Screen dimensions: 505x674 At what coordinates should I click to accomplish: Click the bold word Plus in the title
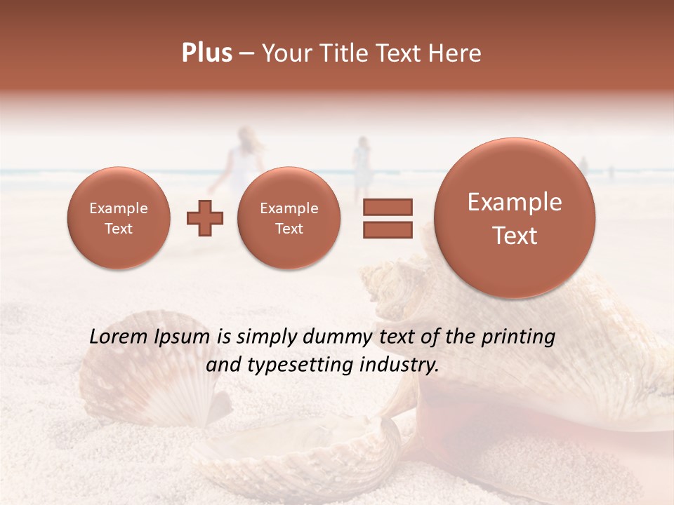(x=206, y=53)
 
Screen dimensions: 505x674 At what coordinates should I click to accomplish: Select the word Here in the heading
(x=456, y=53)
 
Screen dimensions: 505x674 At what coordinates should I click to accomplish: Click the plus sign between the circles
(x=204, y=218)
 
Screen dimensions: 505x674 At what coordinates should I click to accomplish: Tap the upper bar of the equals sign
(x=387, y=207)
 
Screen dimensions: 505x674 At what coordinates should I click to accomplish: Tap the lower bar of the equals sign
(x=387, y=229)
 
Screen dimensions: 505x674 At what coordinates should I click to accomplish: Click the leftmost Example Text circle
(x=118, y=218)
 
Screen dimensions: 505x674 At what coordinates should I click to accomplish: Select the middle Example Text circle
(x=289, y=218)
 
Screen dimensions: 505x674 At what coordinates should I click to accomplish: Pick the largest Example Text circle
(x=515, y=218)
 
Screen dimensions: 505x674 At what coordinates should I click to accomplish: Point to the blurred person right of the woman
(x=362, y=165)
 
